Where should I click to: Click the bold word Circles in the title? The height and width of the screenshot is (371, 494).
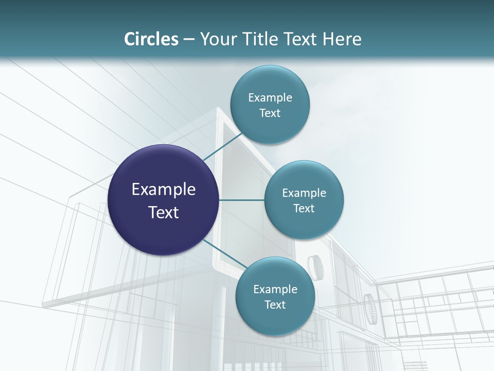(151, 39)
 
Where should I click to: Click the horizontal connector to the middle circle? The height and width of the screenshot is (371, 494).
(242, 200)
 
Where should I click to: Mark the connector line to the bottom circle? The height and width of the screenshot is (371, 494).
(221, 252)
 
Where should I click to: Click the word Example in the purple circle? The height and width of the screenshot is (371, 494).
(164, 190)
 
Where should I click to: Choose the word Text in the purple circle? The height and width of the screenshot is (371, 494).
(164, 212)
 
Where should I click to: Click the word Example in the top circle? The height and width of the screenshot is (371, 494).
(270, 98)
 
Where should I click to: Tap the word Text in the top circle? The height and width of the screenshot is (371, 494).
(270, 113)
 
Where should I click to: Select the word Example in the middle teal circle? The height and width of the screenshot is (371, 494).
(304, 193)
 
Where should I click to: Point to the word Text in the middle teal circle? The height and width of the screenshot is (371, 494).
(304, 209)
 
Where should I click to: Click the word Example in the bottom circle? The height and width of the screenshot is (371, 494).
(275, 290)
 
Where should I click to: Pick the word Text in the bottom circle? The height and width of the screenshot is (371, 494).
(275, 305)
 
